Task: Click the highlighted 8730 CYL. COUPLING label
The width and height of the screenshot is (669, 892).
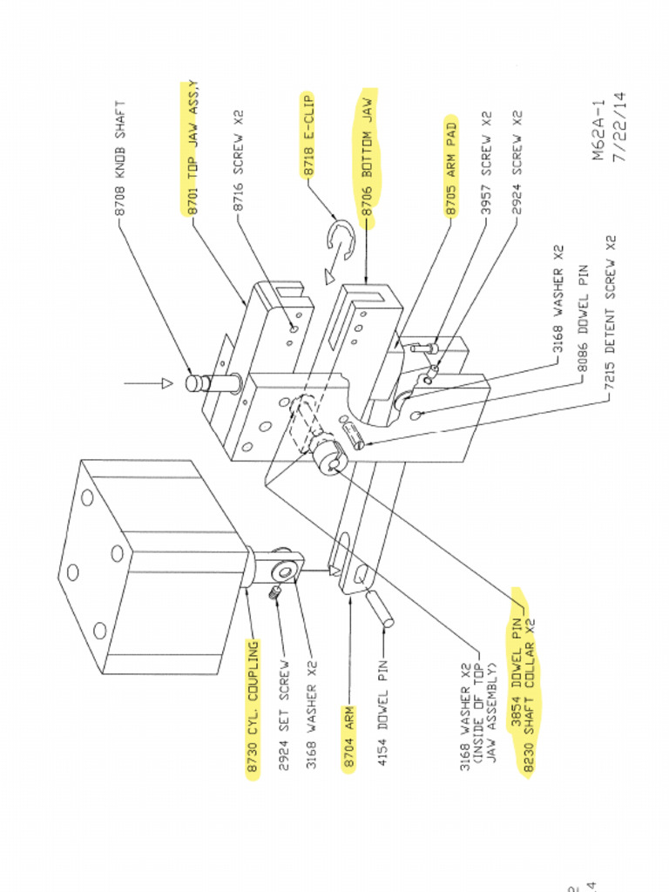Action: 253,710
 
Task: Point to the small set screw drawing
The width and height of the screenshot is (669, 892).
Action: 273,593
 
